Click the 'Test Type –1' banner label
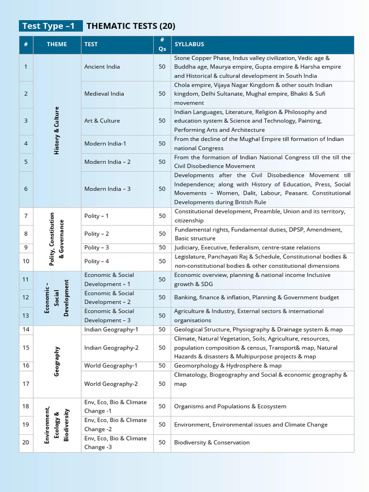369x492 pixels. [49, 26]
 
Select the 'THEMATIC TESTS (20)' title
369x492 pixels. [127, 26]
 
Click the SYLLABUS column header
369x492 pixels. [189, 44]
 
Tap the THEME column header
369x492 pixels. [57, 44]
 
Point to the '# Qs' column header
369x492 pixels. [162, 44]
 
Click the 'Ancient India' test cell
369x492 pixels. [102, 67]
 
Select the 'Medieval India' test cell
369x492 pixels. [104, 94]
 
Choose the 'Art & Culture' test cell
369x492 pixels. [102, 121]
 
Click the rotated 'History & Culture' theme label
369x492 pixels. [57, 130]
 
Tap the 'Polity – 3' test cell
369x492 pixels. [97, 247]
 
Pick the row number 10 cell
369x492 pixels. [26, 261]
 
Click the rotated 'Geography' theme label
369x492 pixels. [57, 361]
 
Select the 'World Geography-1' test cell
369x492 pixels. [111, 366]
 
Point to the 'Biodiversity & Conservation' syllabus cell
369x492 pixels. [212, 443]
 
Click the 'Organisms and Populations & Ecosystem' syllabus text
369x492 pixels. [230, 406]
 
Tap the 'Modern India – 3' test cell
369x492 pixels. [107, 189]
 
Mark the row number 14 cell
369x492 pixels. [26, 330]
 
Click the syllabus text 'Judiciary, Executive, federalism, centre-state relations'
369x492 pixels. [247, 247]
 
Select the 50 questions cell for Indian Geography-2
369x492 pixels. [162, 347]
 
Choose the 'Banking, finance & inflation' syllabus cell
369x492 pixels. [256, 297]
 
